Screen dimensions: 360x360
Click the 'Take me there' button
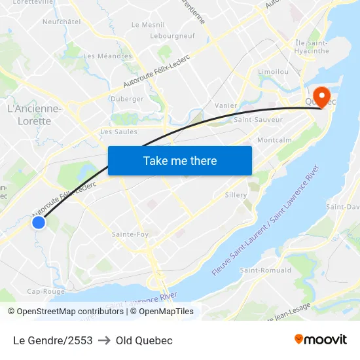tap(180, 160)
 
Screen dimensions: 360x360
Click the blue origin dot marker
tap(39, 223)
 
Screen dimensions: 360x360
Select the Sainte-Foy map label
tap(130, 234)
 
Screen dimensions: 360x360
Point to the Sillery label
tap(236, 195)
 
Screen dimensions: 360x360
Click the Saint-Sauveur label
tap(258, 120)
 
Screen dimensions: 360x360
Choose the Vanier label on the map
tap(226, 105)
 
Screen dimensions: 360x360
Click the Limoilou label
tap(273, 71)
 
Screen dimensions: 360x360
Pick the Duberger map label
tap(128, 99)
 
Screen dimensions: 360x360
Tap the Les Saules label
tap(118, 132)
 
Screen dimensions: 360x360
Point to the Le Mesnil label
tap(148, 24)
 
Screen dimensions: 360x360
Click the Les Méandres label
tap(108, 56)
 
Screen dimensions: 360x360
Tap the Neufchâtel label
tap(61, 22)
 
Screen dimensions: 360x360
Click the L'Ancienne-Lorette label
tap(34, 115)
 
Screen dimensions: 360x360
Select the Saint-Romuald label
tap(261, 270)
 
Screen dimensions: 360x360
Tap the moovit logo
tap(320, 339)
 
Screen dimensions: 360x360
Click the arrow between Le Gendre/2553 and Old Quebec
tap(104, 340)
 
